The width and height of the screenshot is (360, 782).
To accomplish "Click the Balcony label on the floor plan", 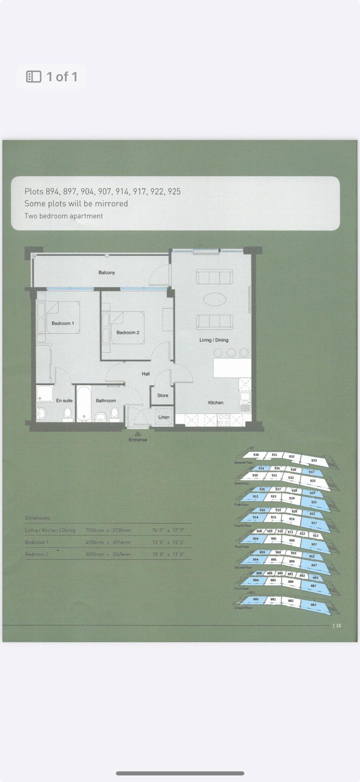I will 107,273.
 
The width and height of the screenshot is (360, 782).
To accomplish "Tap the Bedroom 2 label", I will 128,333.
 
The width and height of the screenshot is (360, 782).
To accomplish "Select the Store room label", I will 163,396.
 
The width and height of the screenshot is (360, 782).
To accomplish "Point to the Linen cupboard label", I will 164,417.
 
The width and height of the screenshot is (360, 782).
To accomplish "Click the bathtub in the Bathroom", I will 84,404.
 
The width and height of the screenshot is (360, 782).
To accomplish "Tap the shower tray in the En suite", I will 45,394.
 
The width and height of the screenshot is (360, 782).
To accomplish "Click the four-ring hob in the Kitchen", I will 224,420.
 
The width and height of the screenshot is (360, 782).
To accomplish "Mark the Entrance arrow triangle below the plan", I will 138,433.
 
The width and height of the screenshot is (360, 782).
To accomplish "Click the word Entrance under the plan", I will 138,440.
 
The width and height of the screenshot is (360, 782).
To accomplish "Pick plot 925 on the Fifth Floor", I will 314,502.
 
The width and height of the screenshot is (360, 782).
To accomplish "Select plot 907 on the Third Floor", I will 314,544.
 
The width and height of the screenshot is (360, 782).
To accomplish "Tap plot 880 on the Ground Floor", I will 256,599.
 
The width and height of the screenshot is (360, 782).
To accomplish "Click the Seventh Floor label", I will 244,462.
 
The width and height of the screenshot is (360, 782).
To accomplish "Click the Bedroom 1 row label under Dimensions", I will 37,543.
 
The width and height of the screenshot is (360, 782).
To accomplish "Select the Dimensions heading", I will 37,518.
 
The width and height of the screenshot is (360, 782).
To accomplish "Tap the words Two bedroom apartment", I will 64,216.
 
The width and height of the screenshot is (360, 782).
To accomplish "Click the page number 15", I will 338,625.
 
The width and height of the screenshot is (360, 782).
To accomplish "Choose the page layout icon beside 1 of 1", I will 34,77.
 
